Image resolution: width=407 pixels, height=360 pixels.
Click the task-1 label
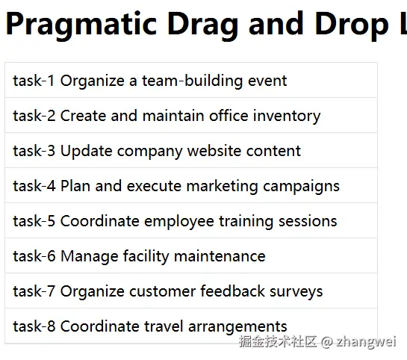click(34, 81)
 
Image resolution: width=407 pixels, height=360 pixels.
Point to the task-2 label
click(34, 116)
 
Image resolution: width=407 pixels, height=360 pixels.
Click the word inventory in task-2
click(287, 116)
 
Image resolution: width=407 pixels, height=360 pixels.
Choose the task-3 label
click(34, 151)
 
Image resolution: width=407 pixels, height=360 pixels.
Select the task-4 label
click(34, 186)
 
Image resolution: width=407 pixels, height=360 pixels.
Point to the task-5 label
click(34, 221)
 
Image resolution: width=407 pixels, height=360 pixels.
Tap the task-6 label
click(34, 256)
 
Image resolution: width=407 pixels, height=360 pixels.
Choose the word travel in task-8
click(160, 326)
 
